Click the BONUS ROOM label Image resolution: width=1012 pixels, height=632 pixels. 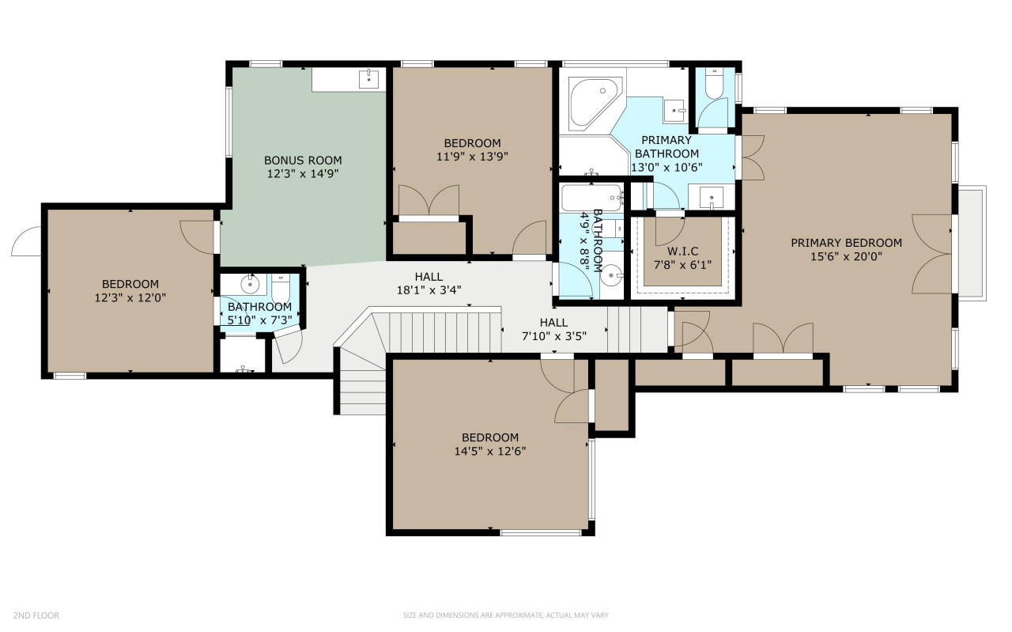(x=303, y=160)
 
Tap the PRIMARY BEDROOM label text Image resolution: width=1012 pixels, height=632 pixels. (x=846, y=243)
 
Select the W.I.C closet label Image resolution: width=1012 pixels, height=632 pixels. (x=682, y=251)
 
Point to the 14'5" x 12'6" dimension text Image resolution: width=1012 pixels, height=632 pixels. (x=489, y=451)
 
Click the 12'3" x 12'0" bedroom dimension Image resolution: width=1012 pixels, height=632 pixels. (x=130, y=298)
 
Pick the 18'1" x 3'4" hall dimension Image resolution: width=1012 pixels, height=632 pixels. (x=429, y=290)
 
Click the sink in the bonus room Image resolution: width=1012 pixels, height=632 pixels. (x=368, y=78)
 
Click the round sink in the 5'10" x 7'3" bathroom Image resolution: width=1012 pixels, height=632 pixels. (x=249, y=284)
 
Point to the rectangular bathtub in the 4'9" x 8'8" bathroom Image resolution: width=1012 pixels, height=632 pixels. (x=591, y=198)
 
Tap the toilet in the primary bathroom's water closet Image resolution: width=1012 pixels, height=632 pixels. (x=714, y=83)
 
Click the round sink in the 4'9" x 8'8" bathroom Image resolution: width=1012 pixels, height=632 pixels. (x=612, y=274)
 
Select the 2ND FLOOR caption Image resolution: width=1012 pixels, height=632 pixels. (x=36, y=615)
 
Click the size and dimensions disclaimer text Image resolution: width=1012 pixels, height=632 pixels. (x=505, y=615)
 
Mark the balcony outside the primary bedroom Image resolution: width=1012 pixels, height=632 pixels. (x=972, y=243)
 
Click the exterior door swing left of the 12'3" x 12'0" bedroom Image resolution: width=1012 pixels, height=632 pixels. (x=26, y=241)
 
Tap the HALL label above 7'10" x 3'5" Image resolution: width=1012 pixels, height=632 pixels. (x=553, y=323)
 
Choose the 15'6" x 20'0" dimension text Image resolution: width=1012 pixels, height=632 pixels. (x=846, y=257)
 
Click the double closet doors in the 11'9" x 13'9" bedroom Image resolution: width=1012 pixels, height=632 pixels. (x=429, y=200)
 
